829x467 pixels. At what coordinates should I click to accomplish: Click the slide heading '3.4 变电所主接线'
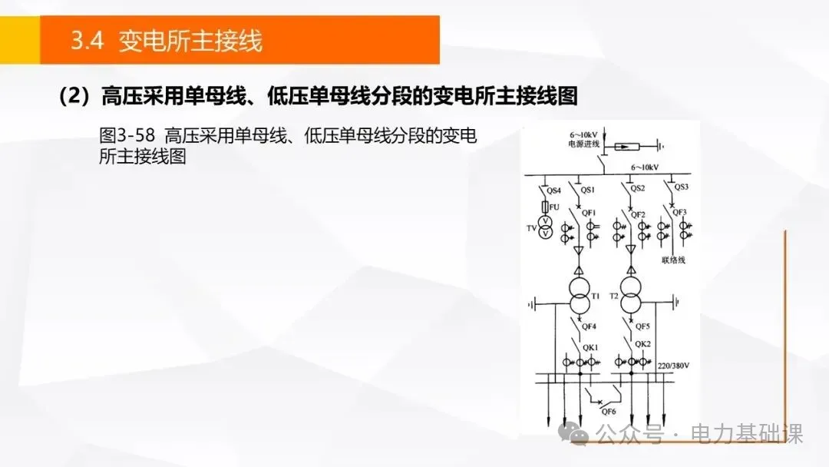(167, 41)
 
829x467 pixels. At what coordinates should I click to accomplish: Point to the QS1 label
(588, 190)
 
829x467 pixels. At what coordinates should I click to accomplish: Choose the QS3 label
(681, 187)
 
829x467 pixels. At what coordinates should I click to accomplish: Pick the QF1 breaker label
(590, 212)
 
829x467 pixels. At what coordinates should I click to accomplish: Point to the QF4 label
(590, 326)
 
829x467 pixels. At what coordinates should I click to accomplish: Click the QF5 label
(643, 326)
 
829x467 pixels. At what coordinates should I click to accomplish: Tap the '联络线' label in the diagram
(673, 260)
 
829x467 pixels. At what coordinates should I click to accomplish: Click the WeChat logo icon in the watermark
(577, 434)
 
